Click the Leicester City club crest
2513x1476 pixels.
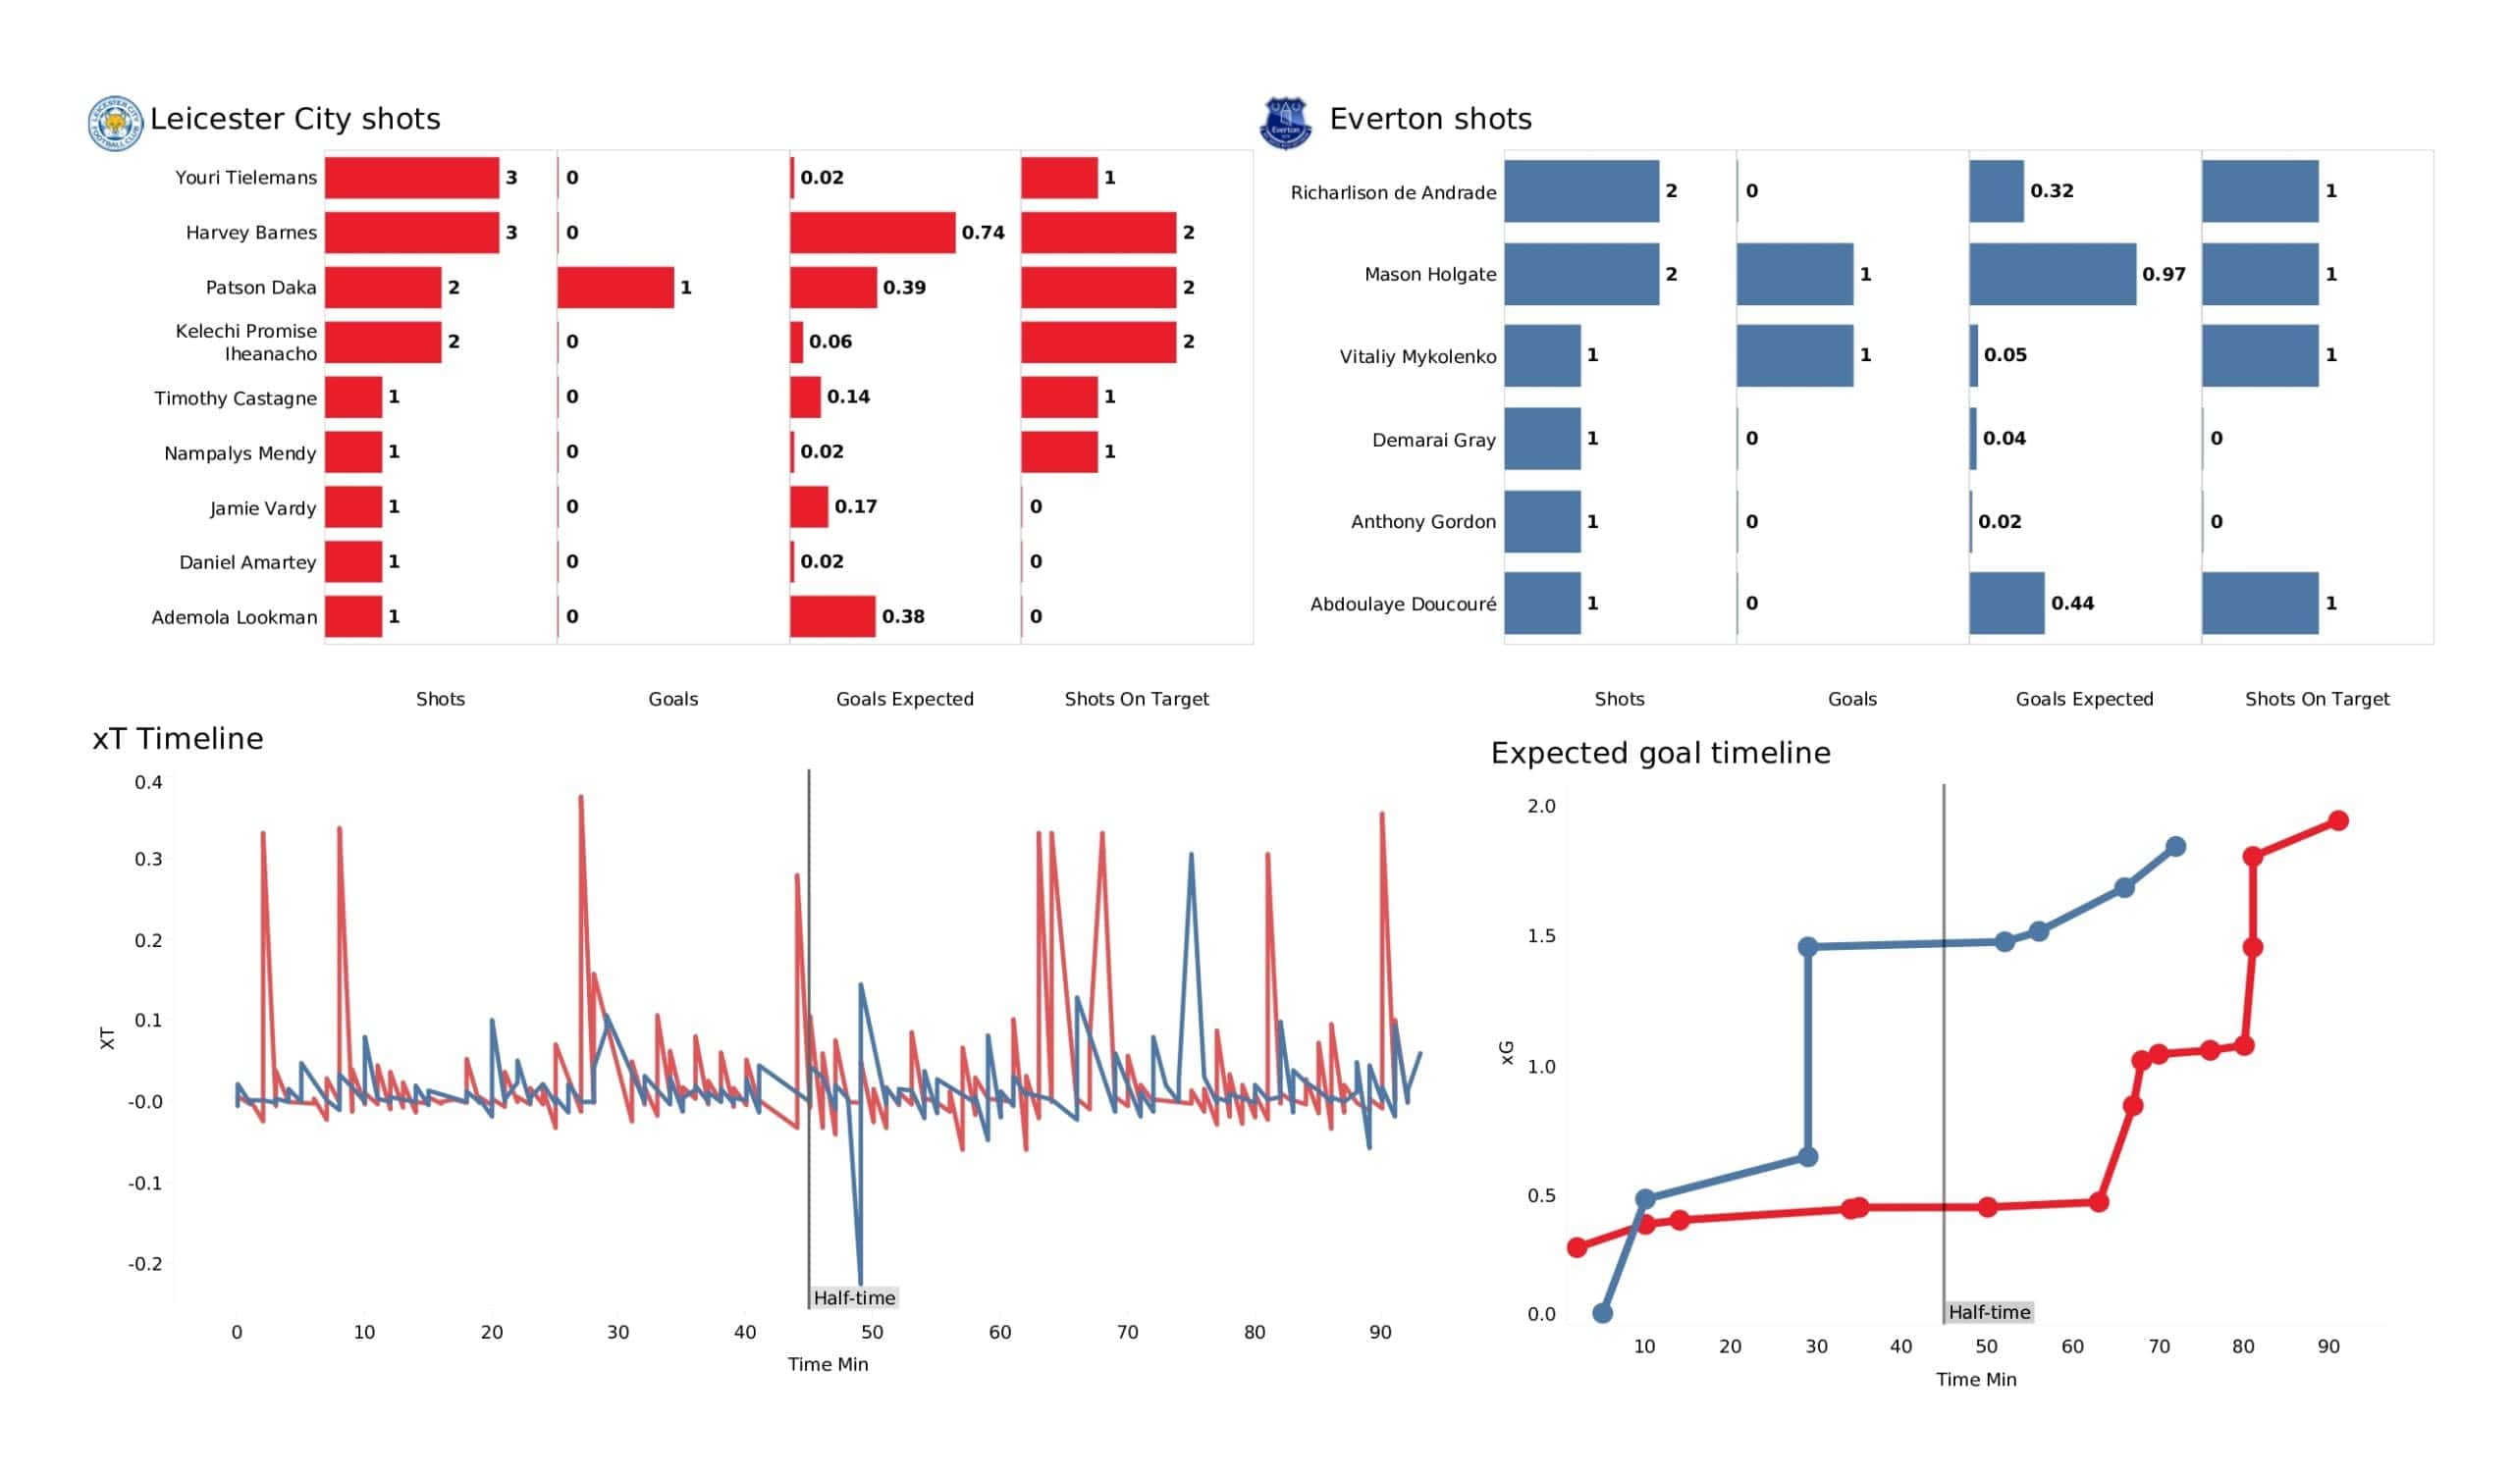point(116,123)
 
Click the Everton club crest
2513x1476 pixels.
point(1285,123)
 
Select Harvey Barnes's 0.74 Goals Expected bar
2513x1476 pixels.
point(873,233)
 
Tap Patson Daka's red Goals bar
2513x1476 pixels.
point(615,288)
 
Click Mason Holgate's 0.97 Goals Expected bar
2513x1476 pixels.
point(2053,274)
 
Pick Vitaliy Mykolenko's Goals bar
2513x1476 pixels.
point(1794,356)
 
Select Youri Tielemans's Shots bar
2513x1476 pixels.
point(411,178)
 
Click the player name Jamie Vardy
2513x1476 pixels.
point(263,508)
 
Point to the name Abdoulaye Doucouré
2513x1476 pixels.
point(1402,605)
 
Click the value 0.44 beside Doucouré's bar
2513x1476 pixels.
point(2072,604)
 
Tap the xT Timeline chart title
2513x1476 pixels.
point(178,739)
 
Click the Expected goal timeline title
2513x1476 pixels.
point(1660,753)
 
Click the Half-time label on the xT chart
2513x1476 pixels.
point(855,1297)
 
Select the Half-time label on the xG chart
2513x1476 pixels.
point(1990,1312)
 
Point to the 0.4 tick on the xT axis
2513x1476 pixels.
point(148,783)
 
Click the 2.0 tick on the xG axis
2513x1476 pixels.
point(1541,806)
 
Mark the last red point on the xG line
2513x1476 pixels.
point(2337,820)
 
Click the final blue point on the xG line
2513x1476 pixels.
point(2176,847)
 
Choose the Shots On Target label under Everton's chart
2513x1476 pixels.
point(2317,699)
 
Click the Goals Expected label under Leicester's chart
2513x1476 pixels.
point(904,699)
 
